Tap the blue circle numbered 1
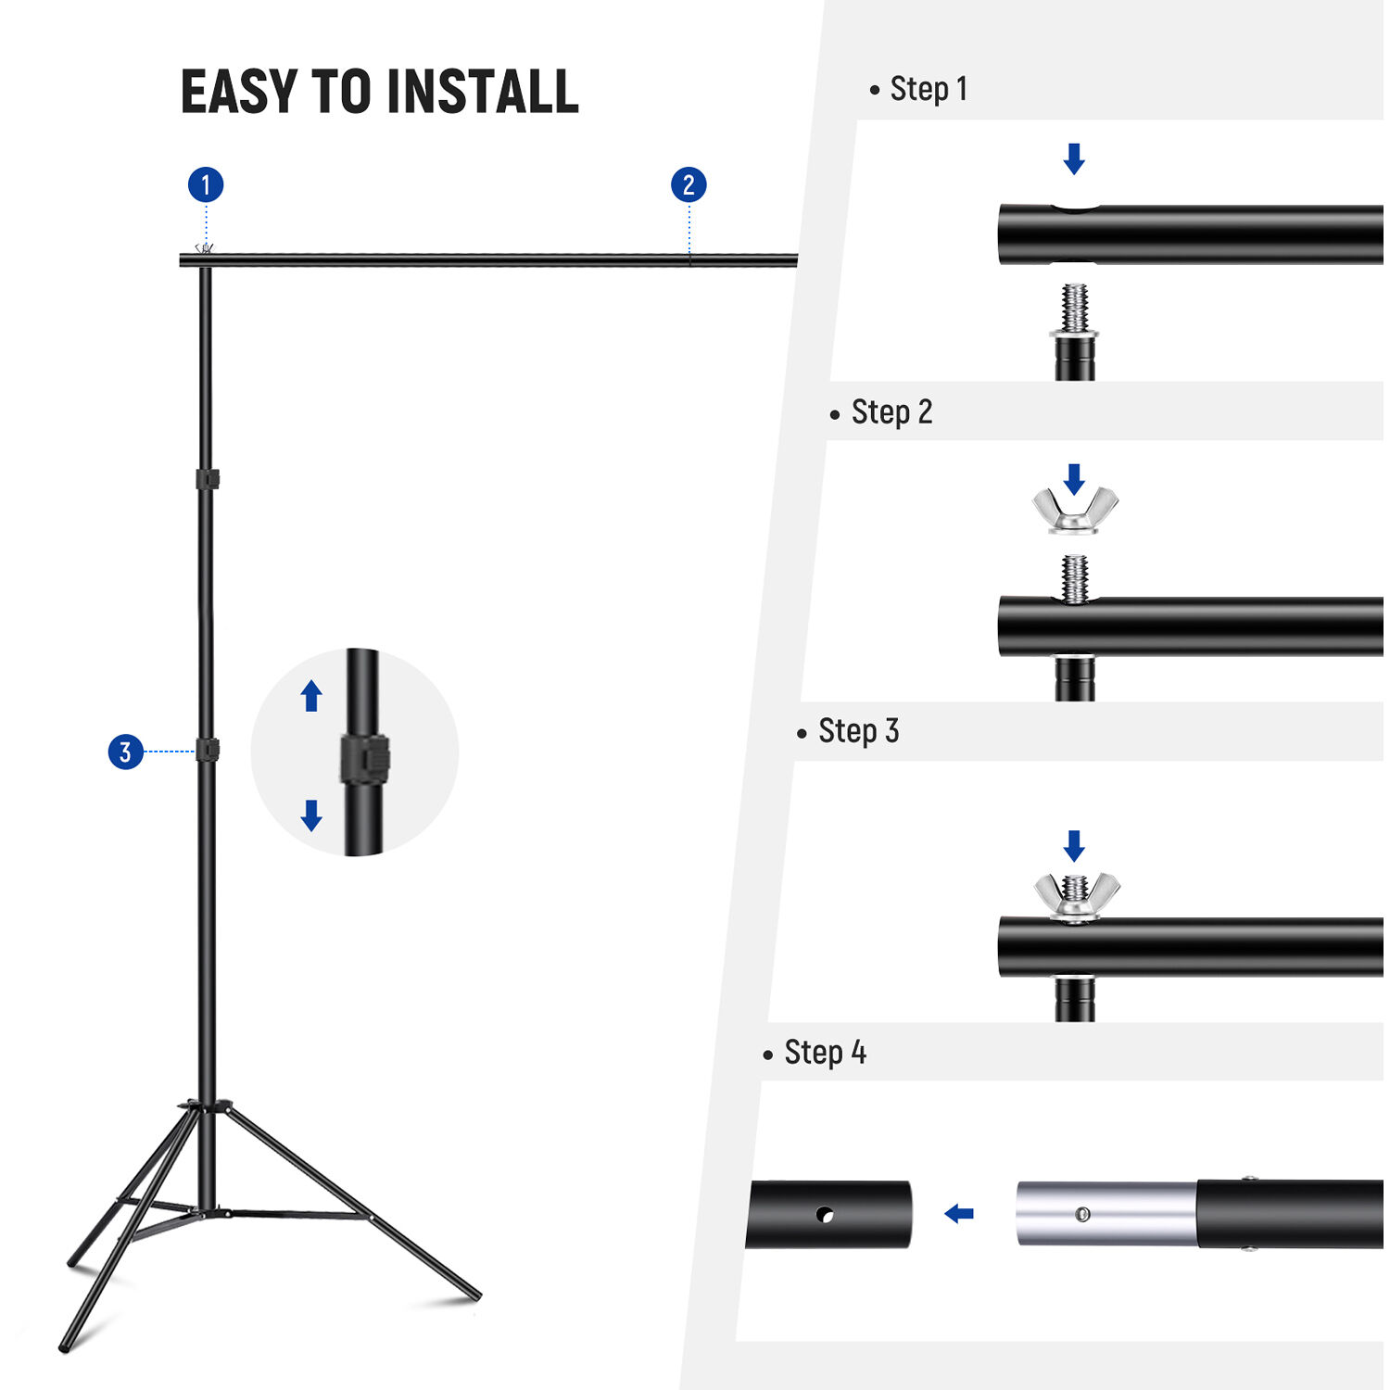(x=206, y=185)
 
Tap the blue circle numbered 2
(x=689, y=185)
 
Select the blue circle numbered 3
(x=126, y=752)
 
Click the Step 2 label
(x=891, y=412)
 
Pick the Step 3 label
(x=858, y=731)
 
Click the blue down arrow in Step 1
(x=1074, y=158)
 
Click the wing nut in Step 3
(x=1076, y=896)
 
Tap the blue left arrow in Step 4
(x=959, y=1213)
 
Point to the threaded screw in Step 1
(x=1075, y=309)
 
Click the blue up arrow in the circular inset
(x=311, y=696)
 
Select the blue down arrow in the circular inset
(x=311, y=815)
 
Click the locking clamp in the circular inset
(x=364, y=760)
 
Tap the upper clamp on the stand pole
(x=208, y=479)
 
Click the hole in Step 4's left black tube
(x=824, y=1213)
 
